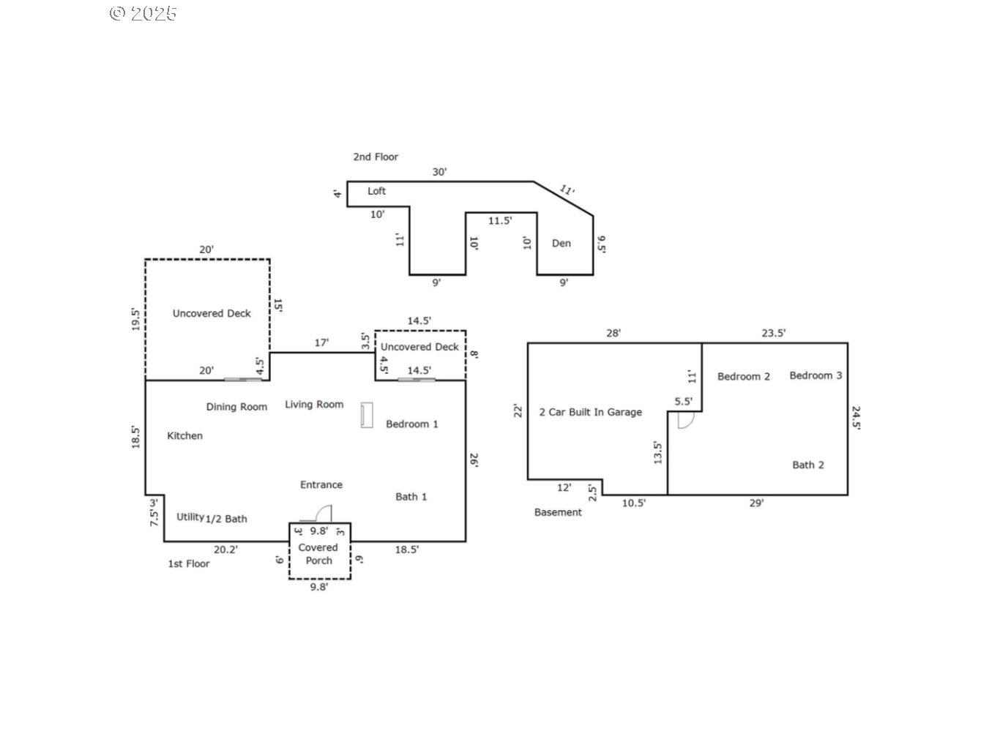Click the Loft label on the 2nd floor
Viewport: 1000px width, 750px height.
[x=376, y=191]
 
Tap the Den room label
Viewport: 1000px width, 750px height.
[x=561, y=244]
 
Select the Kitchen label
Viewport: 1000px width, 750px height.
[x=184, y=436]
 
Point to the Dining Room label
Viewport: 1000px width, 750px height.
[x=236, y=407]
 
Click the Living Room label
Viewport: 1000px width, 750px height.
[x=314, y=405]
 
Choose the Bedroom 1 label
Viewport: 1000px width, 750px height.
[x=411, y=424]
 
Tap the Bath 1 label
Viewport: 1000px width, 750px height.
[x=411, y=497]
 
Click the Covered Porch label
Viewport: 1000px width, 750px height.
[x=318, y=554]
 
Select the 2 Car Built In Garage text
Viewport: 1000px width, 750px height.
[x=590, y=413]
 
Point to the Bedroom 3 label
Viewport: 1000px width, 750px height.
[x=816, y=375]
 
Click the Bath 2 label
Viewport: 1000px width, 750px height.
[x=807, y=465]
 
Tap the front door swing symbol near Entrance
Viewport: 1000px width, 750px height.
[x=321, y=514]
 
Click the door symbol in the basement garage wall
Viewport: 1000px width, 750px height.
[x=685, y=420]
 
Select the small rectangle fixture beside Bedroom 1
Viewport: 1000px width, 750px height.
[x=367, y=415]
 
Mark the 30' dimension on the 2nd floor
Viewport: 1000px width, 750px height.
[x=439, y=173]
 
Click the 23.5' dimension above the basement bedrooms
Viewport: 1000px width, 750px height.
[x=773, y=333]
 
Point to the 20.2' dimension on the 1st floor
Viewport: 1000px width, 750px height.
[x=225, y=550]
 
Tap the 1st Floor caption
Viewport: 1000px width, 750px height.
[x=189, y=564]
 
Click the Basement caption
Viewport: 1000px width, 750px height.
[x=558, y=513]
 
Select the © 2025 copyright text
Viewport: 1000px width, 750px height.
[x=143, y=13]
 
